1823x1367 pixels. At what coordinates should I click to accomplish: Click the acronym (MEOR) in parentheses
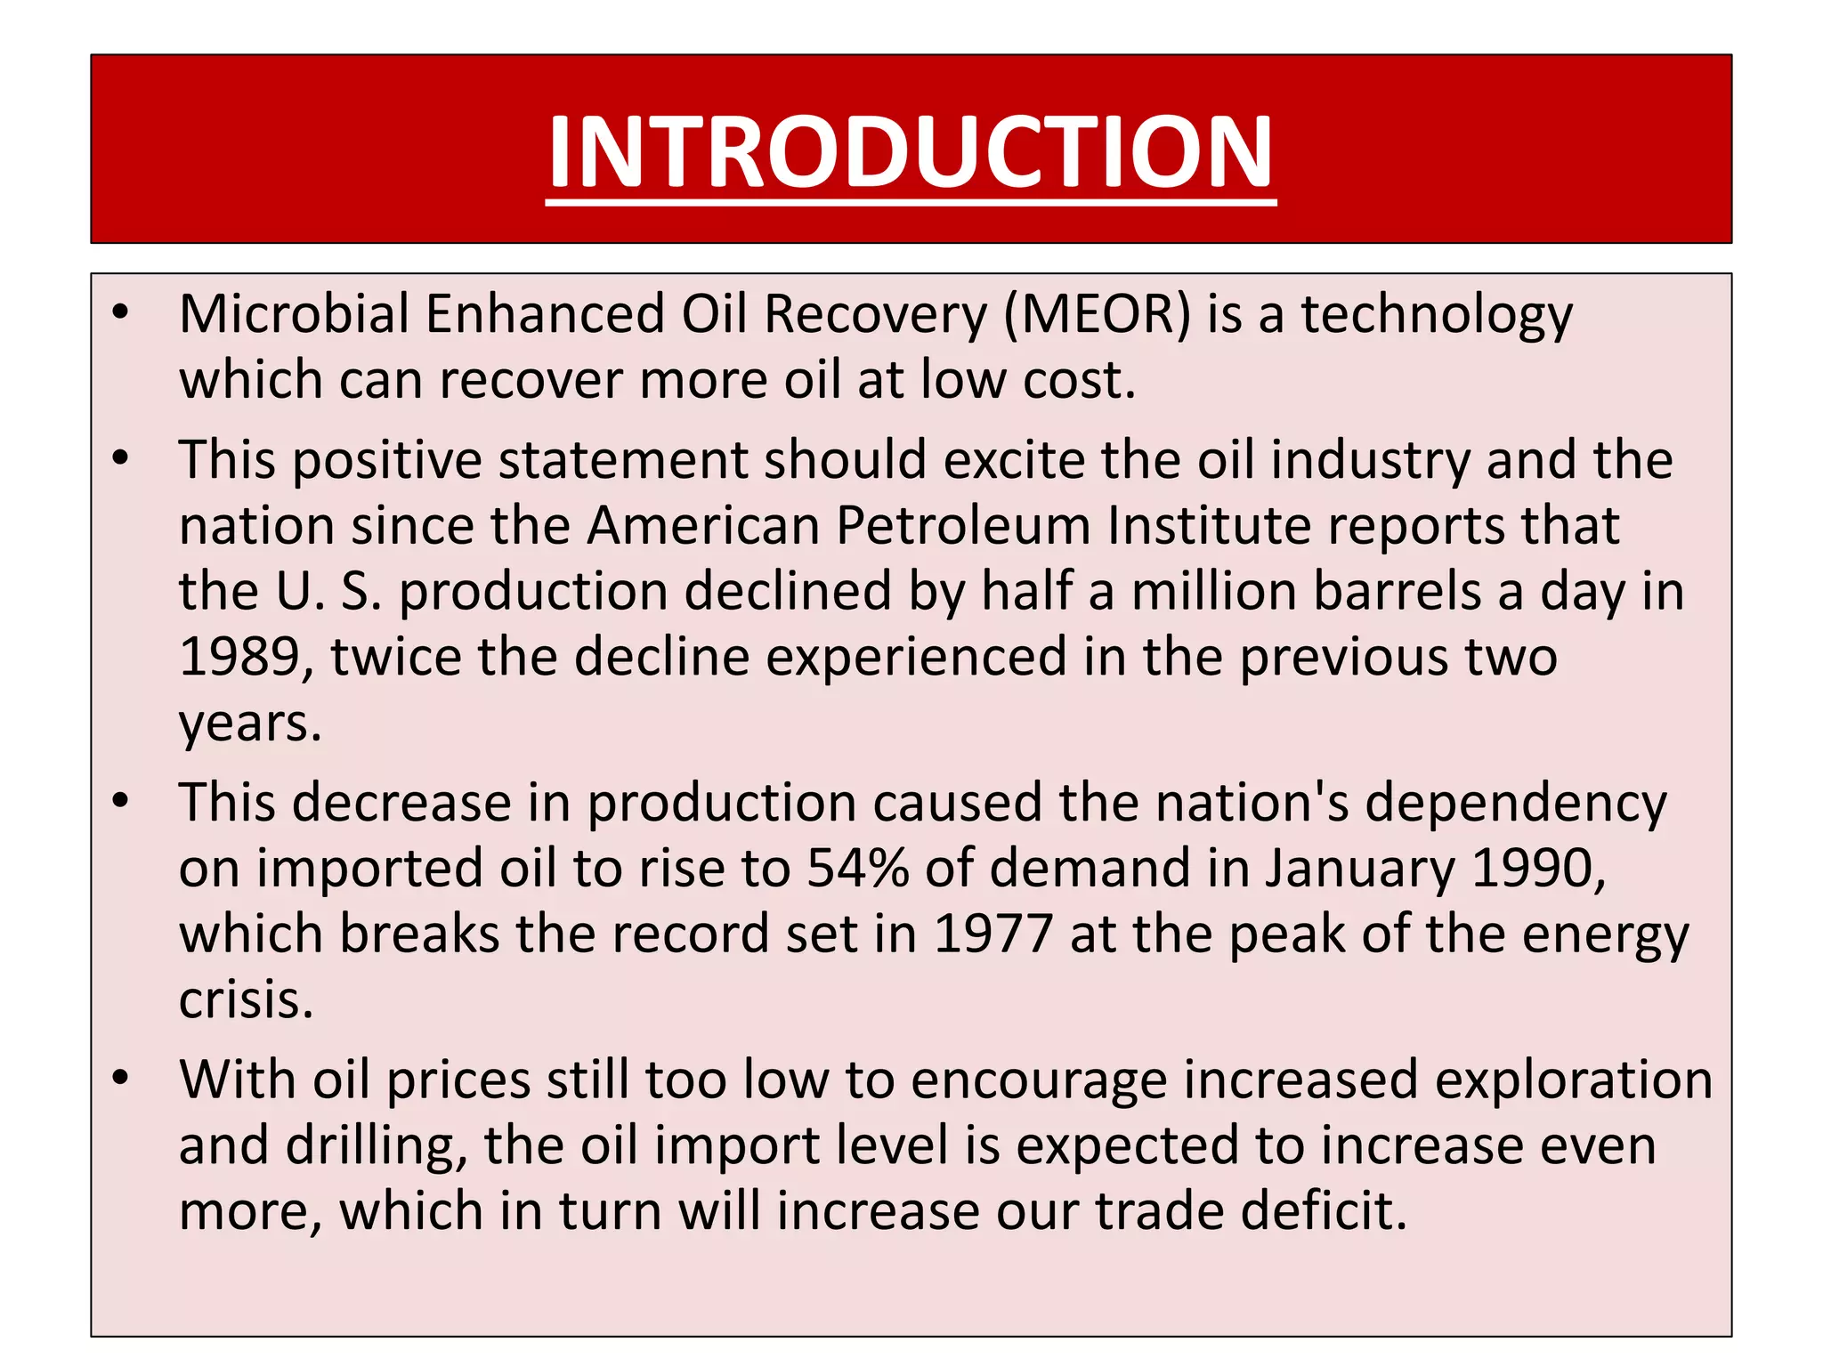point(1097,314)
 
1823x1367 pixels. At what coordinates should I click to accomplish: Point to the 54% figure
point(857,868)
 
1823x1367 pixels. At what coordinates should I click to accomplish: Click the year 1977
point(993,934)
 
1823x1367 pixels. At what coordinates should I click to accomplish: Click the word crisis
point(246,1000)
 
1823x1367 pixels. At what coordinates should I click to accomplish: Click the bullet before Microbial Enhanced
point(121,312)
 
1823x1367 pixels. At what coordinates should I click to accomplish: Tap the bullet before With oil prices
point(121,1078)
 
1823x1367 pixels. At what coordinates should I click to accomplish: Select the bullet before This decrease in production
point(121,801)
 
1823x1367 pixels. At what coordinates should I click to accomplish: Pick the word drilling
point(377,1146)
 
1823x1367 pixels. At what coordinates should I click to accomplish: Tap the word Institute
point(1209,525)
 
